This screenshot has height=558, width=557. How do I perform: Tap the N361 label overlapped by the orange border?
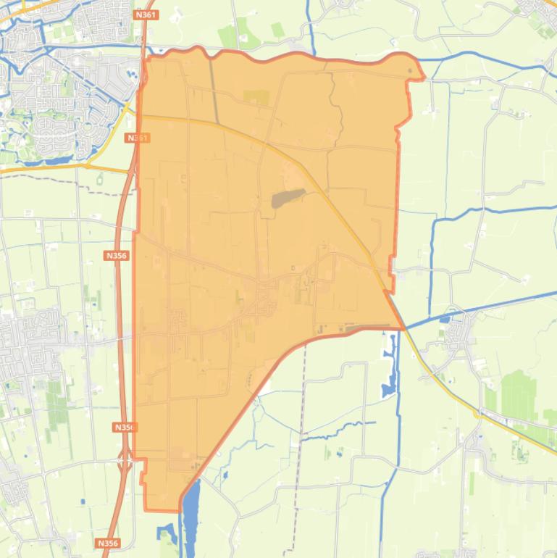(137, 138)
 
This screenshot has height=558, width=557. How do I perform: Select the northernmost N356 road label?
(116, 255)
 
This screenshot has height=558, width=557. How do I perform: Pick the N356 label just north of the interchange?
(125, 428)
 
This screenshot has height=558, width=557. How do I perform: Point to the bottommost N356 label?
(106, 543)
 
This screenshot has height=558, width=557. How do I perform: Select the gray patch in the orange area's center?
(288, 198)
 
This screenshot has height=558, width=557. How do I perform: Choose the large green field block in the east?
(519, 395)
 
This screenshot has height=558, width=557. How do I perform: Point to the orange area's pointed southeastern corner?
(403, 328)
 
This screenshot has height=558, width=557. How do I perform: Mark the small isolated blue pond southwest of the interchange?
(82, 501)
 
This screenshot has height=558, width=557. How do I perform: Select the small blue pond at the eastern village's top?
(444, 317)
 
